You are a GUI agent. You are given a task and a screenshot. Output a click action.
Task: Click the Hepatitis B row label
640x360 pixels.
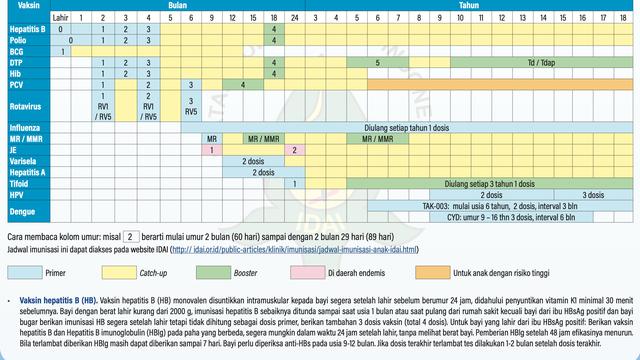click(24, 30)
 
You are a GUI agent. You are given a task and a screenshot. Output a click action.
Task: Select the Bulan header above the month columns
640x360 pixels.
click(177, 6)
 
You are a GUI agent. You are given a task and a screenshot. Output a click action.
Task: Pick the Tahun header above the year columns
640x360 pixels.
click(467, 6)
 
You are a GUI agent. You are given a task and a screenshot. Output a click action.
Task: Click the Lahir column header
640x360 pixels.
click(62, 18)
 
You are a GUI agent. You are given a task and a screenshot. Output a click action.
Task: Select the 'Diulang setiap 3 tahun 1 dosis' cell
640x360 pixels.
click(467, 183)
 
